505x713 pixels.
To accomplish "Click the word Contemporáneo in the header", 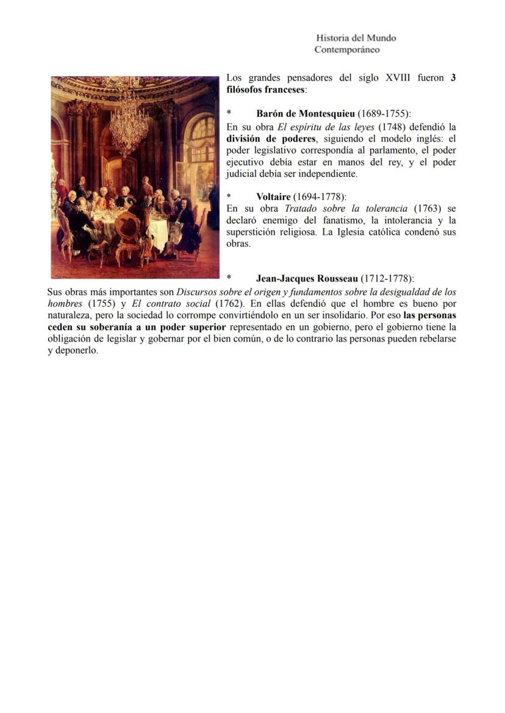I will tap(346, 49).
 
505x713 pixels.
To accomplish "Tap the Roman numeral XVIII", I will tap(398, 78).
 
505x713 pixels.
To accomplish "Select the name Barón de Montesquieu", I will tap(306, 114).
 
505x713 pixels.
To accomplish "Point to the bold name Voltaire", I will tap(273, 196).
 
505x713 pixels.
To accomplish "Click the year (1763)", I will tap(426, 209).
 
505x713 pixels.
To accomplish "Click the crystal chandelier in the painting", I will tap(129, 119).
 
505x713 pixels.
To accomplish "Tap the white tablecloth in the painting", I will tap(158, 232).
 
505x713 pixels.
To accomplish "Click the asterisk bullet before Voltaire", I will tap(229, 197).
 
